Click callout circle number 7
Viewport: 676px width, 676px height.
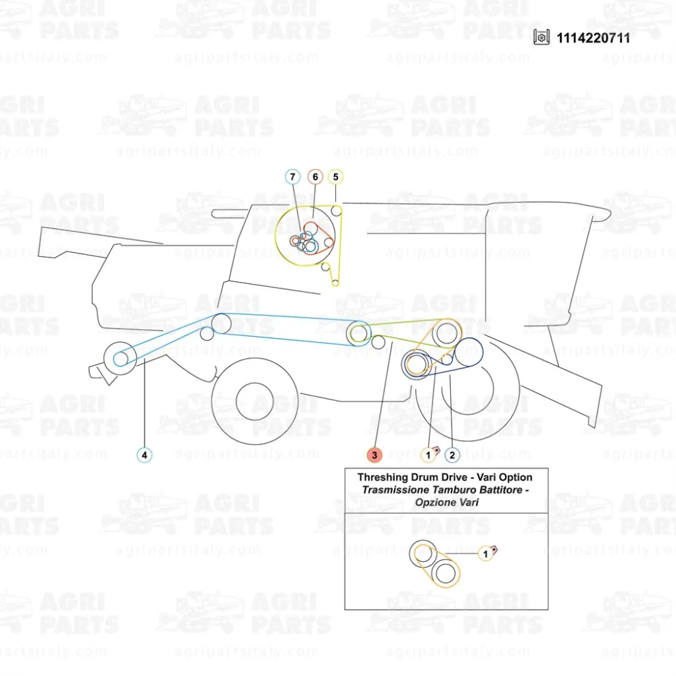[292, 177]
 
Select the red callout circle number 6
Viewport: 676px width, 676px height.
[314, 177]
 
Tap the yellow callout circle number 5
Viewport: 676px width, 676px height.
[336, 177]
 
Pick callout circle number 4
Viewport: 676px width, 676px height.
[144, 455]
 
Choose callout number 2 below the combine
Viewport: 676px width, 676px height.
[452, 455]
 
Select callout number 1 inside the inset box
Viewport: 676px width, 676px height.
[484, 554]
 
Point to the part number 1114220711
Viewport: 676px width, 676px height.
[593, 38]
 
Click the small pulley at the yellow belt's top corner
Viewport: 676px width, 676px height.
[337, 211]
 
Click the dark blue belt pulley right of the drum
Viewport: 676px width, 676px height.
[467, 351]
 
